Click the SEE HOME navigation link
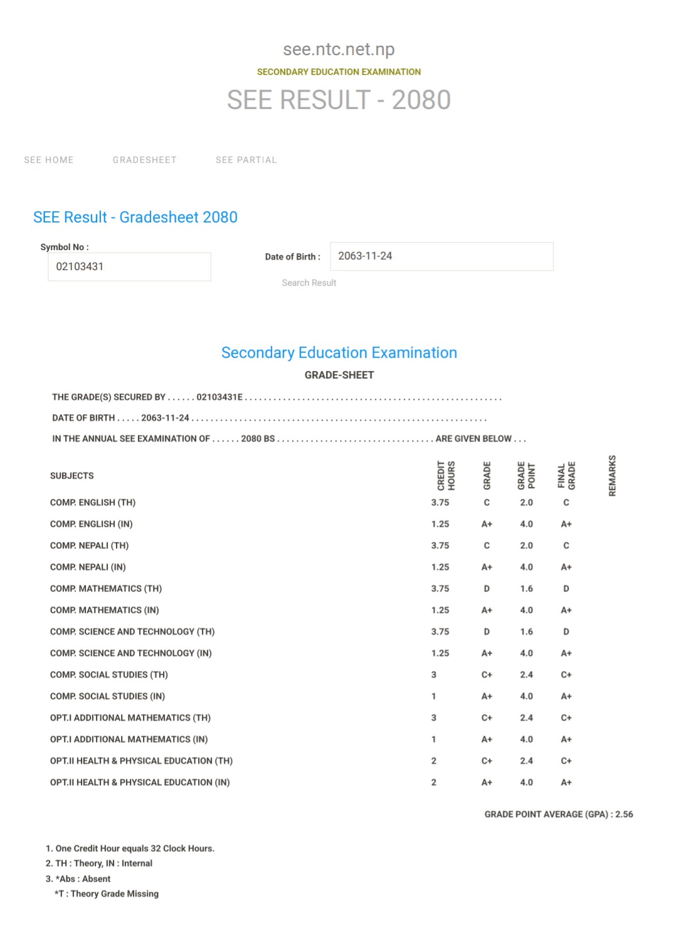pos(49,160)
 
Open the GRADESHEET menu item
pos(145,160)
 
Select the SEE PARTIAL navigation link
pos(246,160)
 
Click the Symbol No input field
pos(129,267)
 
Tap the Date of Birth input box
pos(441,256)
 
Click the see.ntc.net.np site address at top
pos(338,49)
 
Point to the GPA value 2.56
pos(624,815)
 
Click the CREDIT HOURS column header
pos(446,476)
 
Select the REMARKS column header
pos(612,476)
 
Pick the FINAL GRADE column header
pos(566,476)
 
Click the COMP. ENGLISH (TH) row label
pos(93,503)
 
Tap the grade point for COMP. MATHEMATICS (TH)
pos(527,589)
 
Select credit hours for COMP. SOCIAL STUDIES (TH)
pos(434,675)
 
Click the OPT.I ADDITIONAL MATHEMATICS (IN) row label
pos(129,739)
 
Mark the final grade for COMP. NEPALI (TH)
pos(566,546)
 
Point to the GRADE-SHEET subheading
pos(339,375)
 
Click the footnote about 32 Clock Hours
pos(130,848)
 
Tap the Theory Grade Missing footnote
pos(107,894)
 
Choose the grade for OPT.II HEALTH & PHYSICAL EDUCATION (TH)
pos(486,761)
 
